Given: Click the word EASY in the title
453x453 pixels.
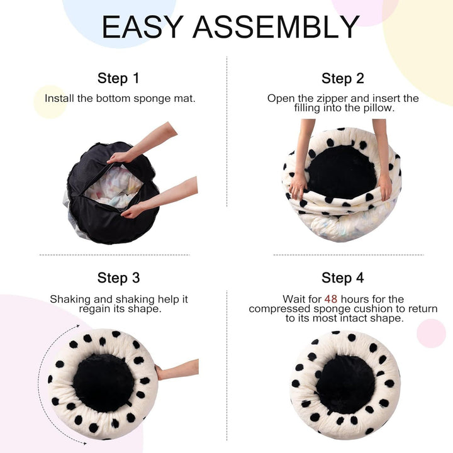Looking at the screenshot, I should coord(142,27).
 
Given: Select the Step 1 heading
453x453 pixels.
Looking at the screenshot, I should coord(118,79).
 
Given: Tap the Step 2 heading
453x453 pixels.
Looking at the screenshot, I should coord(342,79).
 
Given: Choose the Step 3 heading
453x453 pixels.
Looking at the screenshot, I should coord(118,278).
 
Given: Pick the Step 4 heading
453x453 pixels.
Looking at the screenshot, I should coord(342,278).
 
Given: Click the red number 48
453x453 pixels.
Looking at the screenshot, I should coord(332,299).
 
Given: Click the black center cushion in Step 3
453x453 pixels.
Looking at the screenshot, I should coord(103,382).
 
